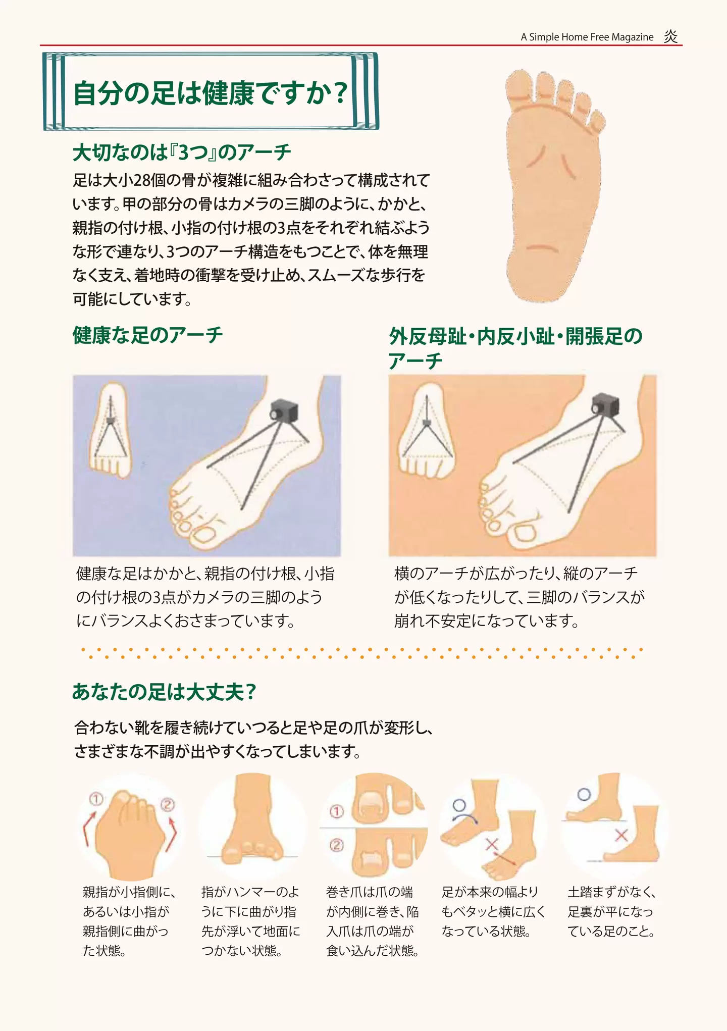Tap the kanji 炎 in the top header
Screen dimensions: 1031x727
tap(670, 36)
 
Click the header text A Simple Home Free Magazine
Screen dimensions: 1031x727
tap(587, 37)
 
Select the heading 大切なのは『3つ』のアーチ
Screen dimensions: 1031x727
tap(182, 152)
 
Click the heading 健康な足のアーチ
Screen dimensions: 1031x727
tap(147, 335)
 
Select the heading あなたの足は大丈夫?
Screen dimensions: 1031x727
tap(164, 691)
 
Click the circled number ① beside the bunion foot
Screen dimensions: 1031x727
tap(96, 799)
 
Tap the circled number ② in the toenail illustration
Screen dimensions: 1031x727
tap(336, 845)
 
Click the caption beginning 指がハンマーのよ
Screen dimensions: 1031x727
tap(250, 921)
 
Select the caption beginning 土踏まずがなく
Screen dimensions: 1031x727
tap(611, 911)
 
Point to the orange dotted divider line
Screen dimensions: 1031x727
tap(361, 653)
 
